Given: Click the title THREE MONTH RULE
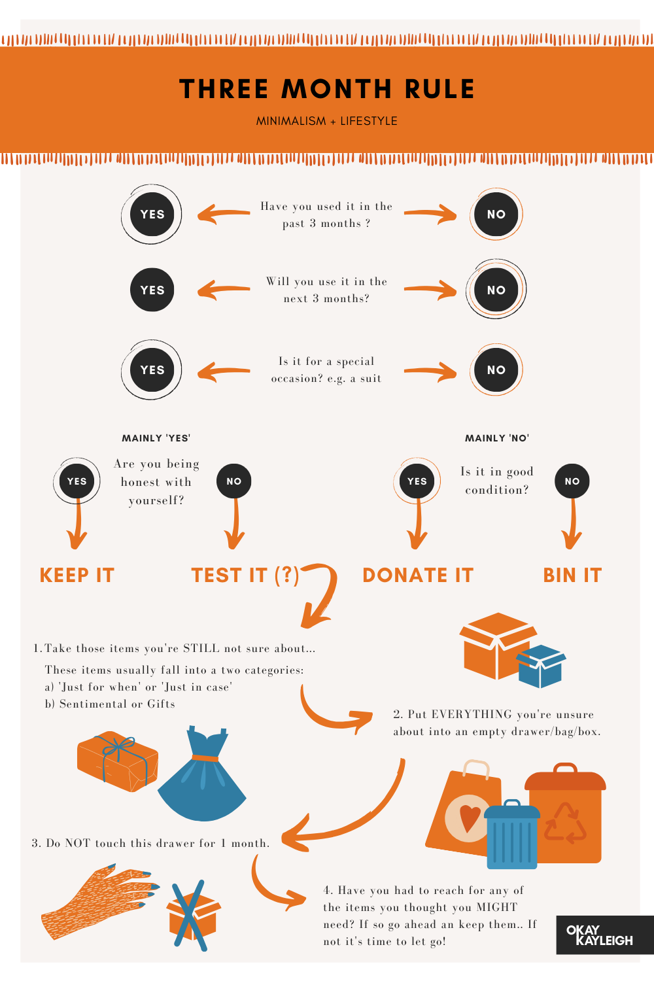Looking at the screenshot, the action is click(x=327, y=89).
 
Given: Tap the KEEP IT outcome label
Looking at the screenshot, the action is click(x=77, y=576).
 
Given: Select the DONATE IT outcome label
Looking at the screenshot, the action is click(x=418, y=576).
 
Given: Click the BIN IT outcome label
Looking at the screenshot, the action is click(x=572, y=576).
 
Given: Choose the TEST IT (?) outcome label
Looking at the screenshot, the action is click(x=245, y=576).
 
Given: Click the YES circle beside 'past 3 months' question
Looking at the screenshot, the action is click(x=152, y=215).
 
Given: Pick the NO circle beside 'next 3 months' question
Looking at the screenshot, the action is click(x=496, y=290).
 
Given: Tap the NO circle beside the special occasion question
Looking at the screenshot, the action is click(x=496, y=370).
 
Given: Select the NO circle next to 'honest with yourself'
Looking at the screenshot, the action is click(x=233, y=481).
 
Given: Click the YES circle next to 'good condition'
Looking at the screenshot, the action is click(x=417, y=481).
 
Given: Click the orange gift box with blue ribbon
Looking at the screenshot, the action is click(x=118, y=761).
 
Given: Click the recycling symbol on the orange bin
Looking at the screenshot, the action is click(x=565, y=823).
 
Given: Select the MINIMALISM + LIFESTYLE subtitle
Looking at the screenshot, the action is click(x=327, y=121).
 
